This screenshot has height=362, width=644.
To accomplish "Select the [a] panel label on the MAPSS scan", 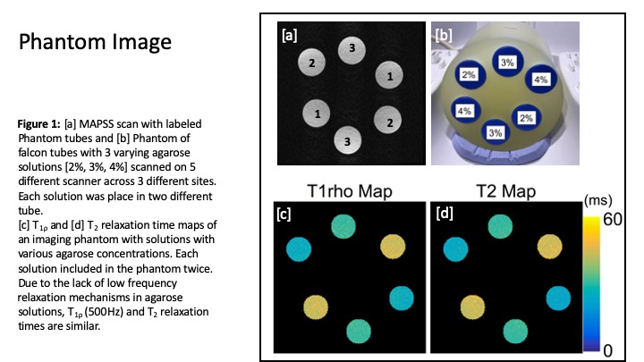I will coord(290,37).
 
